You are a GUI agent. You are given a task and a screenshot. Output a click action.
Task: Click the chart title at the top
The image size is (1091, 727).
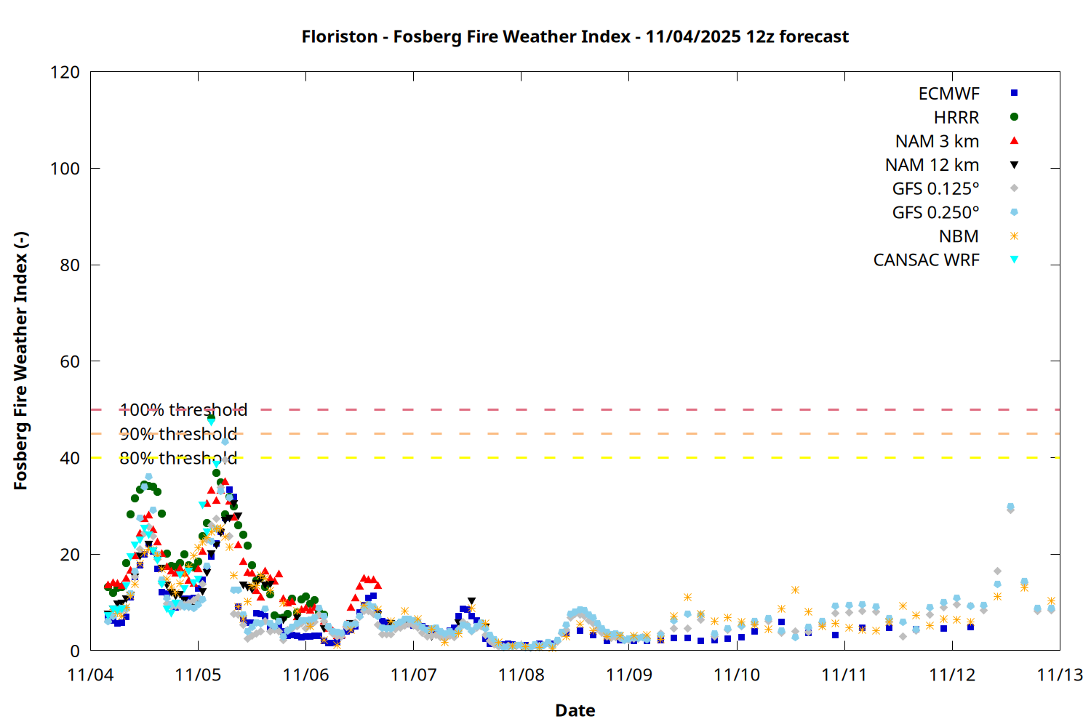pyautogui.click(x=575, y=36)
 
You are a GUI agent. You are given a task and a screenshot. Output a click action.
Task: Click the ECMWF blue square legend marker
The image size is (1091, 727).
pyautogui.click(x=1014, y=93)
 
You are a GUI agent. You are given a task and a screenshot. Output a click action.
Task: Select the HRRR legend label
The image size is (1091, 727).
pyautogui.click(x=956, y=117)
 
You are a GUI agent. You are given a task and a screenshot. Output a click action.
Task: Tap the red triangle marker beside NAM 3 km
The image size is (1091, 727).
pyautogui.click(x=1014, y=140)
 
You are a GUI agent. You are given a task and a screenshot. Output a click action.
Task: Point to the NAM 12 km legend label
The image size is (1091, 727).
pyautogui.click(x=932, y=165)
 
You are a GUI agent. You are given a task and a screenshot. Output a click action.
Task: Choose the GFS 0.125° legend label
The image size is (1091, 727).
pyautogui.click(x=935, y=189)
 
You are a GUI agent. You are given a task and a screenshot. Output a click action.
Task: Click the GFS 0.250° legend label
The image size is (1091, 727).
pyautogui.click(x=935, y=212)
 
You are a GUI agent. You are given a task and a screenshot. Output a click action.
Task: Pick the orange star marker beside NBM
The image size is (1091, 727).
pyautogui.click(x=1014, y=236)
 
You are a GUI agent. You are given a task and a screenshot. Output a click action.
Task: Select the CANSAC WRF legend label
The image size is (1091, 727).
pyautogui.click(x=926, y=260)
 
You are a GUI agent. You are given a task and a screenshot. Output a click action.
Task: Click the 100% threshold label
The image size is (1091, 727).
pyautogui.click(x=183, y=410)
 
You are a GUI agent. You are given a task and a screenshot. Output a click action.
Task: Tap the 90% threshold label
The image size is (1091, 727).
pyautogui.click(x=178, y=434)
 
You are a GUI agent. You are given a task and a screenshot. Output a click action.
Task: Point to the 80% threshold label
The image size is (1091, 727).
pyautogui.click(x=178, y=458)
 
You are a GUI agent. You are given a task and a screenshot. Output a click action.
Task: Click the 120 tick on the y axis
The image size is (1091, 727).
pyautogui.click(x=65, y=72)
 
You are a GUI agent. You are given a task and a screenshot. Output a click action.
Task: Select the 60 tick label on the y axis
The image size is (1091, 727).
pyautogui.click(x=70, y=361)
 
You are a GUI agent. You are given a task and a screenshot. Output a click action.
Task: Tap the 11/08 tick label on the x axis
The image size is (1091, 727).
pyautogui.click(x=521, y=675)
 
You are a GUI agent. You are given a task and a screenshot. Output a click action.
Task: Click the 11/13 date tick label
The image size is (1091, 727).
pyautogui.click(x=1059, y=675)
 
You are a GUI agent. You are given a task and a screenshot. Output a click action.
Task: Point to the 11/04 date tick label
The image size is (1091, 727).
pyautogui.click(x=90, y=675)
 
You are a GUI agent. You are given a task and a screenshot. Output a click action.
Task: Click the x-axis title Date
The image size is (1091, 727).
pyautogui.click(x=575, y=710)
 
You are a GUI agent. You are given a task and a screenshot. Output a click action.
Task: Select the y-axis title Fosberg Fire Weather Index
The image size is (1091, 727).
pyautogui.click(x=20, y=361)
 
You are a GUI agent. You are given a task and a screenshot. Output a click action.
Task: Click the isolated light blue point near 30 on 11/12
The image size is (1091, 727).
pyautogui.click(x=1010, y=507)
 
